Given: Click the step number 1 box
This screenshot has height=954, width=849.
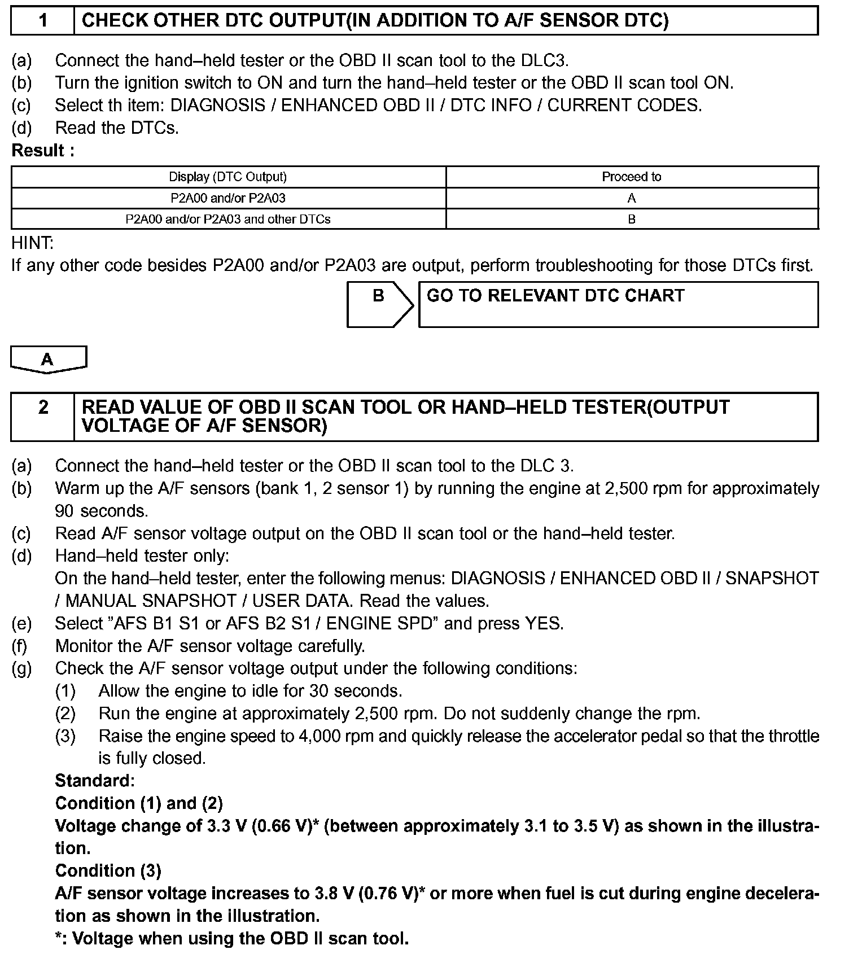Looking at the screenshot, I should click(x=43, y=21).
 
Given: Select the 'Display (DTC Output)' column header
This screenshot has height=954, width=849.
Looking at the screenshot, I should click(x=228, y=177).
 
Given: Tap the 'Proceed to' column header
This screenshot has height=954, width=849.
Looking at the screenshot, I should click(x=631, y=177).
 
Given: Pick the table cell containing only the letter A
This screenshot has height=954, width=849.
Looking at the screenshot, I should click(x=632, y=198).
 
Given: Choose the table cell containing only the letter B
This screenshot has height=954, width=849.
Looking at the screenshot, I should click(x=632, y=219).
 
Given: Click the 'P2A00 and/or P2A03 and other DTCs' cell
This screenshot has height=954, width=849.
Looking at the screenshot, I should click(x=228, y=219).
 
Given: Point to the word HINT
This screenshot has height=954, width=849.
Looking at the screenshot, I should click(x=32, y=243).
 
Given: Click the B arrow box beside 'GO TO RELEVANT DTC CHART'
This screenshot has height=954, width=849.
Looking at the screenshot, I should click(x=379, y=304).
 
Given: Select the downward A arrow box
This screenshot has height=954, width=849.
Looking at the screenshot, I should click(x=48, y=360).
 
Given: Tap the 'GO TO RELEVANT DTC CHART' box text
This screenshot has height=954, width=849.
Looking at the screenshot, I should click(x=555, y=296).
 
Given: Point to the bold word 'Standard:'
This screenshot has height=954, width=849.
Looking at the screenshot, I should click(x=95, y=781).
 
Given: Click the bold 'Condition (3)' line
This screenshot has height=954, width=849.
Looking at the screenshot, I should click(x=108, y=871).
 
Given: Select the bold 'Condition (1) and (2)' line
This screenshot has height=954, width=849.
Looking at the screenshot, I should click(x=139, y=803).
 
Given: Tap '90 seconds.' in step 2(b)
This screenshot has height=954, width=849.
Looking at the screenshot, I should click(x=102, y=511).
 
